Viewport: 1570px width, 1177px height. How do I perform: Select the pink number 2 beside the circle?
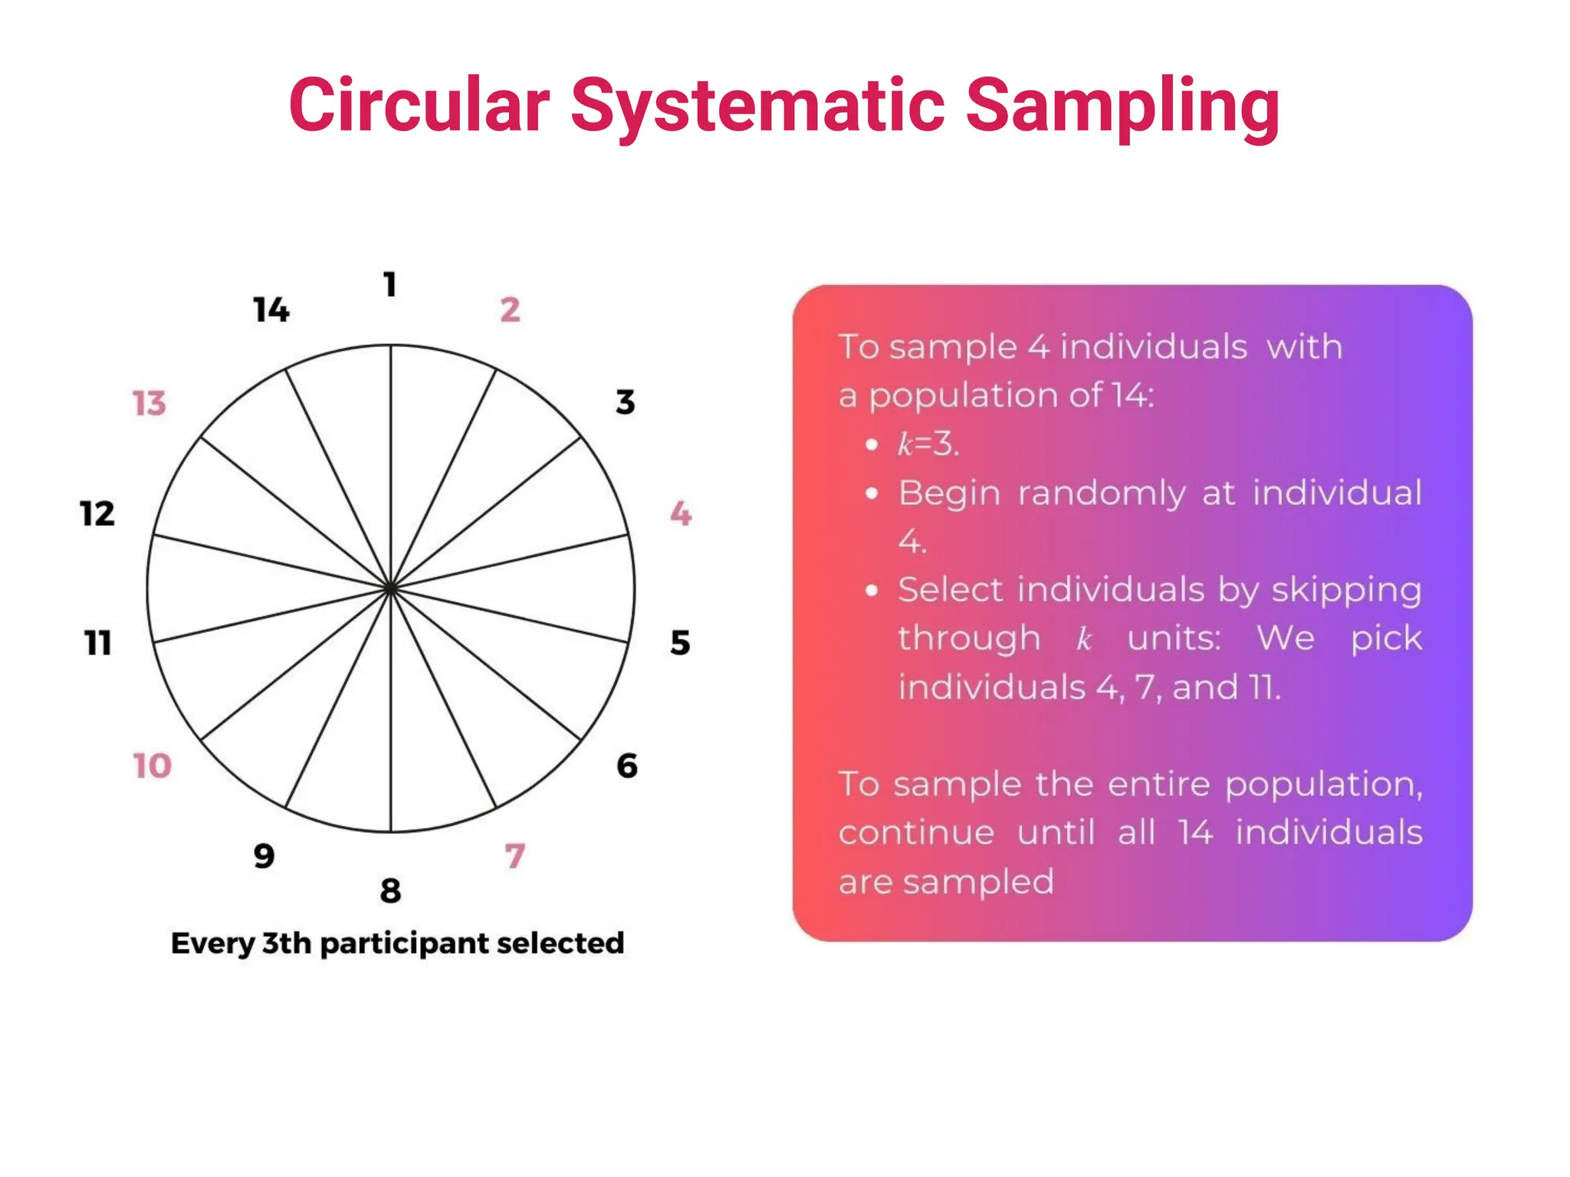pos(510,310)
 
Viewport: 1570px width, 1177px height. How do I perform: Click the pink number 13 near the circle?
pos(149,404)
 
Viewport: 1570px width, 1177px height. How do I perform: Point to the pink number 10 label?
pos(152,766)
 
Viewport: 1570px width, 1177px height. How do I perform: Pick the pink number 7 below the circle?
pos(515,856)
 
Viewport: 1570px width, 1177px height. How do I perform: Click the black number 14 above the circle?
pos(271,310)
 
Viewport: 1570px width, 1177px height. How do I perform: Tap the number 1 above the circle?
pos(390,285)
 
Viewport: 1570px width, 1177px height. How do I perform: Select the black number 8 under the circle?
pos(390,891)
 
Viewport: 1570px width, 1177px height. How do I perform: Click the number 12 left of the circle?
pos(97,514)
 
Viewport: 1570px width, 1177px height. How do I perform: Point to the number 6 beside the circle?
pos(626,766)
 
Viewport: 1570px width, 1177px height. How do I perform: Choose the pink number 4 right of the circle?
pos(681,513)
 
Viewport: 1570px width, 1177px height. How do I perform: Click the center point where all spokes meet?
pos(391,588)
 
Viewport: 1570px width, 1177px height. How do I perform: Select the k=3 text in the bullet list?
pos(928,444)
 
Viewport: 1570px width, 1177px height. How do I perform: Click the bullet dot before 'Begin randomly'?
pos(871,493)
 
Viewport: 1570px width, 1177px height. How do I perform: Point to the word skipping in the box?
pos(1346,591)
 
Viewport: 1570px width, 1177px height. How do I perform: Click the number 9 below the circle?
pos(264,856)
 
